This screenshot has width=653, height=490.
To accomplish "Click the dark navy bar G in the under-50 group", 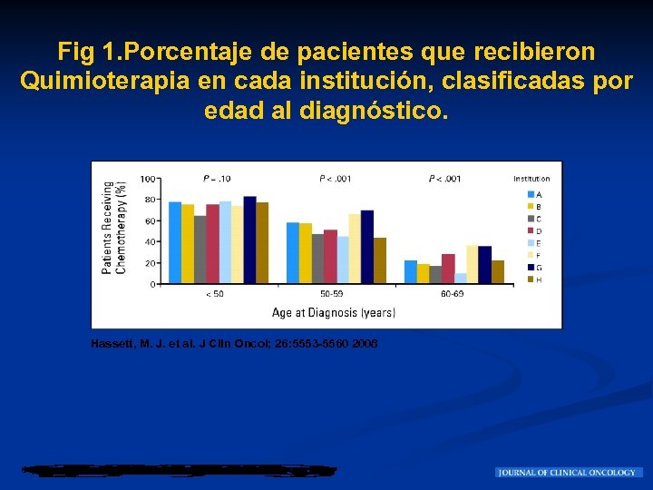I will pos(249,240).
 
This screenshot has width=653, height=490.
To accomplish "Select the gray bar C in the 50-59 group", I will pos(317,259).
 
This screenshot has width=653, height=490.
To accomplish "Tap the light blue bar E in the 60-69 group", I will pos(461,279).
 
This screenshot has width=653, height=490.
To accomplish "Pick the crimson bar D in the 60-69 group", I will pos(448,269).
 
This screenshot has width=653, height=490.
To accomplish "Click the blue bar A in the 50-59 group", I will pos(292,253).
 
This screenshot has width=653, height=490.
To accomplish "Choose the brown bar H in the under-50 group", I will pos(262,243).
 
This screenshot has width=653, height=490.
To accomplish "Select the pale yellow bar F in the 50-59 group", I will pos(355,249).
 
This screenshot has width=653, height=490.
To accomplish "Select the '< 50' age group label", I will pos(215,294).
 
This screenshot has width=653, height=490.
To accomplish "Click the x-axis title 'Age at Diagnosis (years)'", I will pos(333,313).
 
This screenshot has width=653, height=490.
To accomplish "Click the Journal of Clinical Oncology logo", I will pos(569,473).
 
